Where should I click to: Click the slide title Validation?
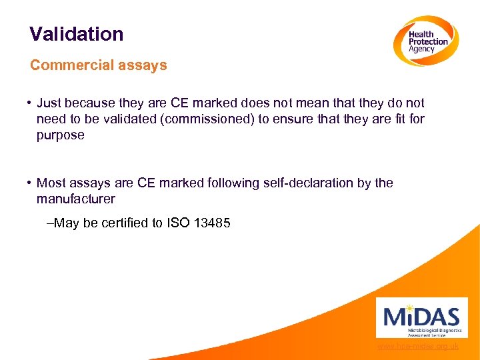click(77, 34)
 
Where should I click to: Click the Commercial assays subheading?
click(99, 65)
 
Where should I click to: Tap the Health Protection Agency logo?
click(425, 41)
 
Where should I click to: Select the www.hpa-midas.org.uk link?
click(418, 347)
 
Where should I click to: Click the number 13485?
click(211, 223)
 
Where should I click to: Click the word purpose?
click(61, 135)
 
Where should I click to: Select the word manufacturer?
click(76, 199)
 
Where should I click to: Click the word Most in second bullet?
click(51, 183)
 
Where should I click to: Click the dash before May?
click(50, 223)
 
